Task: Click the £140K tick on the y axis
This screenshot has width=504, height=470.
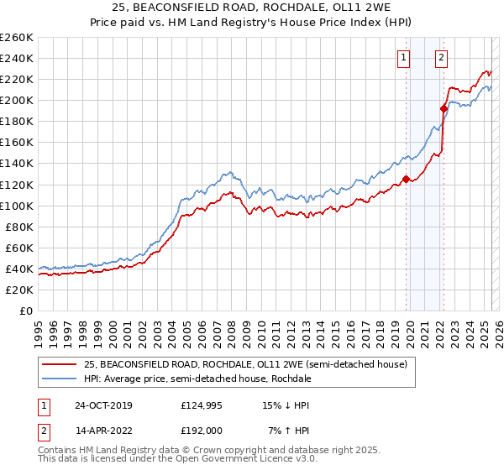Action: click(17, 163)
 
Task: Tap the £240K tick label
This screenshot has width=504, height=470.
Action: click(17, 58)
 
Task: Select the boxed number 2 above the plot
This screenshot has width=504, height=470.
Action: click(441, 58)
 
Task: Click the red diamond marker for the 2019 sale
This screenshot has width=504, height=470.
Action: click(406, 178)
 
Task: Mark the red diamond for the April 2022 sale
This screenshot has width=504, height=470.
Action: click(443, 107)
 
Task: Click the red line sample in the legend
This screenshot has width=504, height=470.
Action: click(59, 364)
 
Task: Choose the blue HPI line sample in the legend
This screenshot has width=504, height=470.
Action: click(59, 379)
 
